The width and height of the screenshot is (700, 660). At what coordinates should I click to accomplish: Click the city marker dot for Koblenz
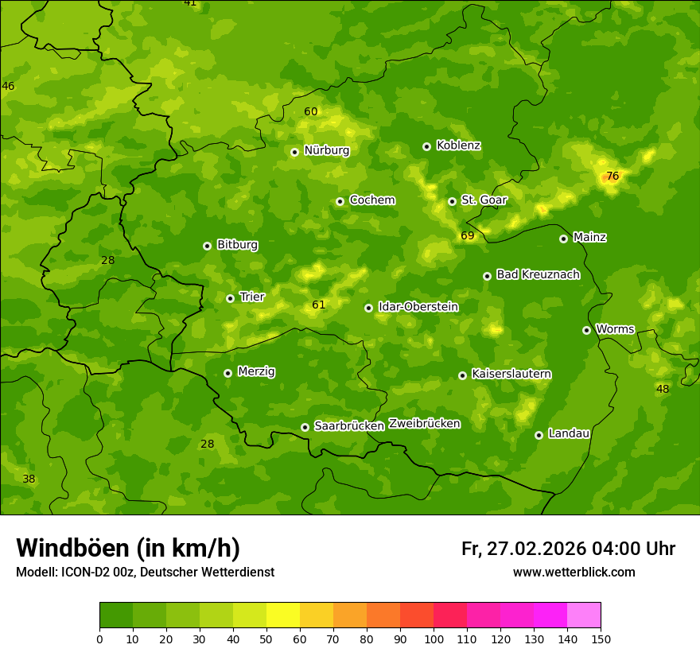(x=426, y=146)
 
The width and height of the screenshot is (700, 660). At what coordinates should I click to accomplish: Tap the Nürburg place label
(x=326, y=150)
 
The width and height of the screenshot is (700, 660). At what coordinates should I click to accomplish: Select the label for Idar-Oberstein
(x=418, y=307)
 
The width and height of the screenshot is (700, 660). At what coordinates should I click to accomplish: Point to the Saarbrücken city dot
(x=305, y=427)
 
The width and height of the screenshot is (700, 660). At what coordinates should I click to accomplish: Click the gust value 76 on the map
(x=612, y=176)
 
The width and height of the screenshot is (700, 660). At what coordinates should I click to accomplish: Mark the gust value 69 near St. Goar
(x=468, y=235)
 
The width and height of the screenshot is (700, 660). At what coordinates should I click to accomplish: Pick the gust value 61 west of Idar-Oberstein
(x=319, y=305)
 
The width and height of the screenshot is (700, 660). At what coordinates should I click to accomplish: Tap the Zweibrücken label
(x=424, y=423)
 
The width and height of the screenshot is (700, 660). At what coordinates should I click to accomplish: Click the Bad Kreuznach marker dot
(x=487, y=276)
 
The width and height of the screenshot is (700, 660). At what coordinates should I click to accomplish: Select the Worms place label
(x=614, y=329)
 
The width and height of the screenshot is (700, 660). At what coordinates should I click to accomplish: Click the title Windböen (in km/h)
(x=128, y=548)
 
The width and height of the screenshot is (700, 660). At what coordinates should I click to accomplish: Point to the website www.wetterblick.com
(x=574, y=573)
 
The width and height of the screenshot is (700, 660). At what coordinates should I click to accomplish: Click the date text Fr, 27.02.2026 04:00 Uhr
(x=568, y=549)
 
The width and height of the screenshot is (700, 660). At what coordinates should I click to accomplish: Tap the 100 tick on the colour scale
(x=434, y=639)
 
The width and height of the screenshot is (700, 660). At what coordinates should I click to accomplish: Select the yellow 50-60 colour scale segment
(x=283, y=615)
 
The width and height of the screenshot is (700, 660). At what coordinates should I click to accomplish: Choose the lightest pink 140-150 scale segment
(x=584, y=615)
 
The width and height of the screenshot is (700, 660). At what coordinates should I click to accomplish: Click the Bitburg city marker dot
(x=207, y=246)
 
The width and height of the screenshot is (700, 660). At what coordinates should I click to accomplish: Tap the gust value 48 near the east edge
(x=663, y=389)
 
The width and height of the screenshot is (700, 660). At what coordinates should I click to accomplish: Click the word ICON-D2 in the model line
(x=84, y=573)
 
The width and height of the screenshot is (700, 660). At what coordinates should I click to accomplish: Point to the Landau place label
(x=569, y=433)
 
